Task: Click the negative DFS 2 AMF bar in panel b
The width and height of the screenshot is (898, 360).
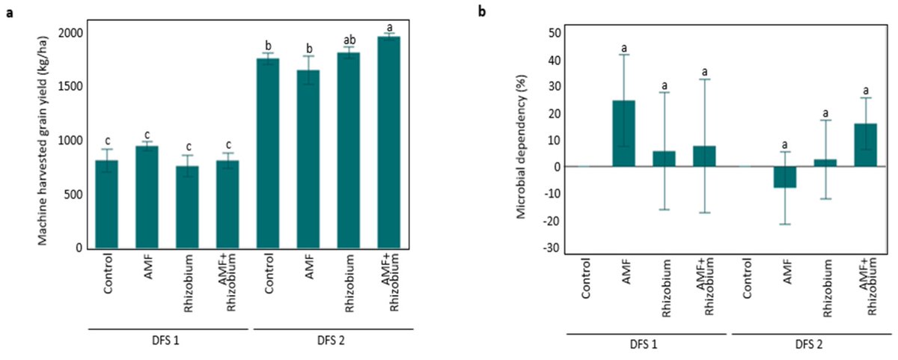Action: [x=785, y=177]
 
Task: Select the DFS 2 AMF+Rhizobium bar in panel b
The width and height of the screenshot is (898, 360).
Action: [x=866, y=145]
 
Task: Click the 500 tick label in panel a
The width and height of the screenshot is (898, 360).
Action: [x=71, y=195]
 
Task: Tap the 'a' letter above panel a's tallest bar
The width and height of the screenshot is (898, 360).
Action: [x=389, y=27]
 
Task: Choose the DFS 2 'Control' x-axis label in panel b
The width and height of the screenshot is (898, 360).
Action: [x=746, y=282]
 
